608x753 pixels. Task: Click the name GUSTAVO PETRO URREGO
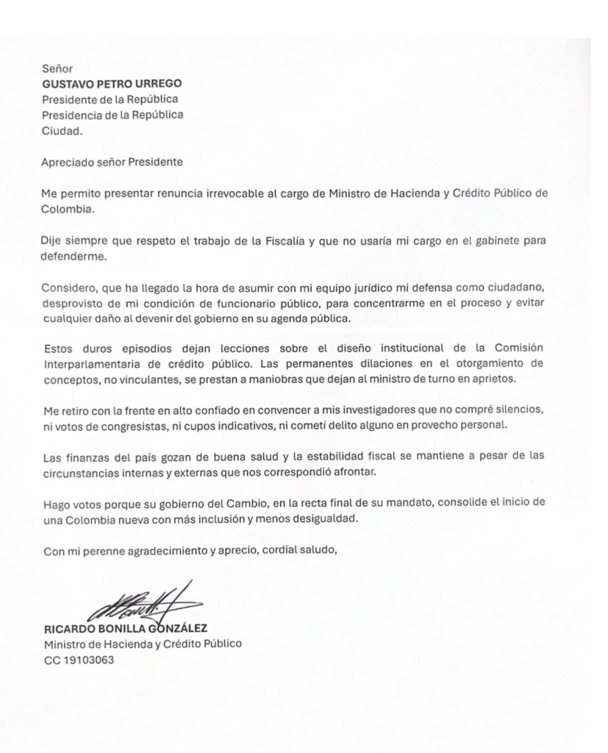(x=100, y=83)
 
